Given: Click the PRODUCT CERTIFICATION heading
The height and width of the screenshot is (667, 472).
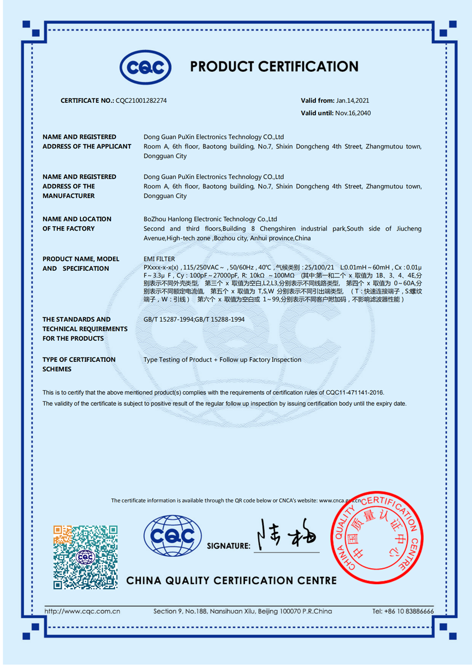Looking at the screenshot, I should [x=274, y=67].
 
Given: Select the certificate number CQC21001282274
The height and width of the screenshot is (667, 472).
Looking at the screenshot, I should [x=141, y=101].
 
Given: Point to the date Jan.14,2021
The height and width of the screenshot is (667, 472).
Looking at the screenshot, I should [x=353, y=101].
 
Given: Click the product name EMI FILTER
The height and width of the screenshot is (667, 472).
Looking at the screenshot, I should [x=159, y=259].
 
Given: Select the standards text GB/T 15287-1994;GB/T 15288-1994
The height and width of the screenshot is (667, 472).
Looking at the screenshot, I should [x=194, y=320].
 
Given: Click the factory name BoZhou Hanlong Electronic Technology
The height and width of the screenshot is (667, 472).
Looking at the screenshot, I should [x=210, y=219].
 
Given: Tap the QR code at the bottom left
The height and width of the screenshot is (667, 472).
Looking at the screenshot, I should [x=86, y=556].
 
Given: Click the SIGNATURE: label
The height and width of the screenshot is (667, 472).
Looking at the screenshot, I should [x=229, y=546].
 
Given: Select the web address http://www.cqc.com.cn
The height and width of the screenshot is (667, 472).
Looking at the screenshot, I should [x=82, y=611].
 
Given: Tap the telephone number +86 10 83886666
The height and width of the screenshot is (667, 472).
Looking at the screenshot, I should [x=403, y=611].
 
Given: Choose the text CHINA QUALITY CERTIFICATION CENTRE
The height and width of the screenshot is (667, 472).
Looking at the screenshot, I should [x=232, y=581].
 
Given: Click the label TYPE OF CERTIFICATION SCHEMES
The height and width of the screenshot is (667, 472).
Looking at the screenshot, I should [x=79, y=364].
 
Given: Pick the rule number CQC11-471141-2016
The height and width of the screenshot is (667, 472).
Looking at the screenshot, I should [x=354, y=392].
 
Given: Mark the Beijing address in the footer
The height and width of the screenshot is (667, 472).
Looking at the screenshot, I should [x=243, y=611].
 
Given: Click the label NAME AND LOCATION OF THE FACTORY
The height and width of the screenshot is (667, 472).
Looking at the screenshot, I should [x=77, y=223].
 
